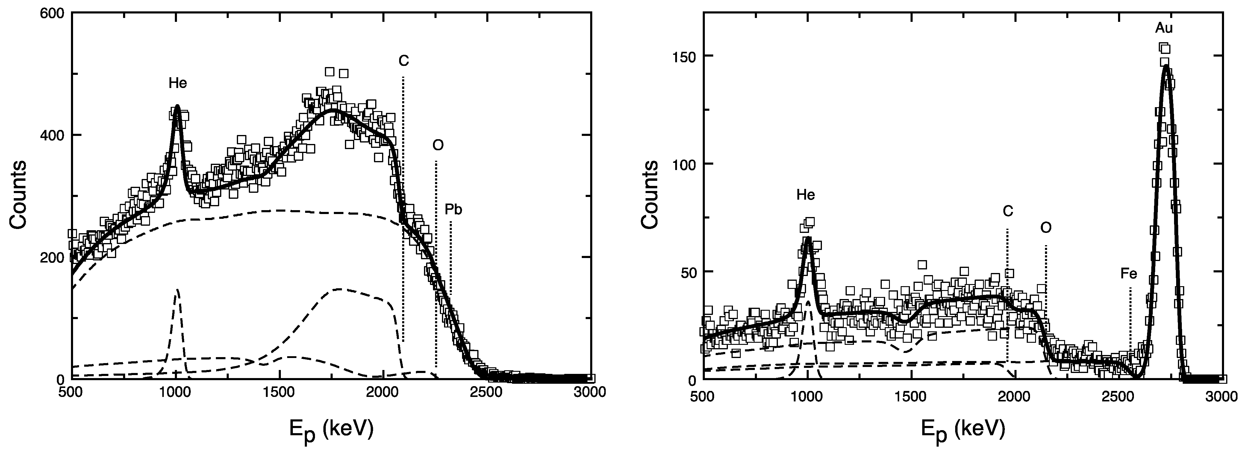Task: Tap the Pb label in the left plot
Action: point(453,209)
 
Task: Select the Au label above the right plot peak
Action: point(1164,28)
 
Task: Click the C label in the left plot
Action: point(404,61)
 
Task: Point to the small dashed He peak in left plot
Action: point(177,290)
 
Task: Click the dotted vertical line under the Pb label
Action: point(450,256)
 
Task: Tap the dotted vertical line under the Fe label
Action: point(1130,329)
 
